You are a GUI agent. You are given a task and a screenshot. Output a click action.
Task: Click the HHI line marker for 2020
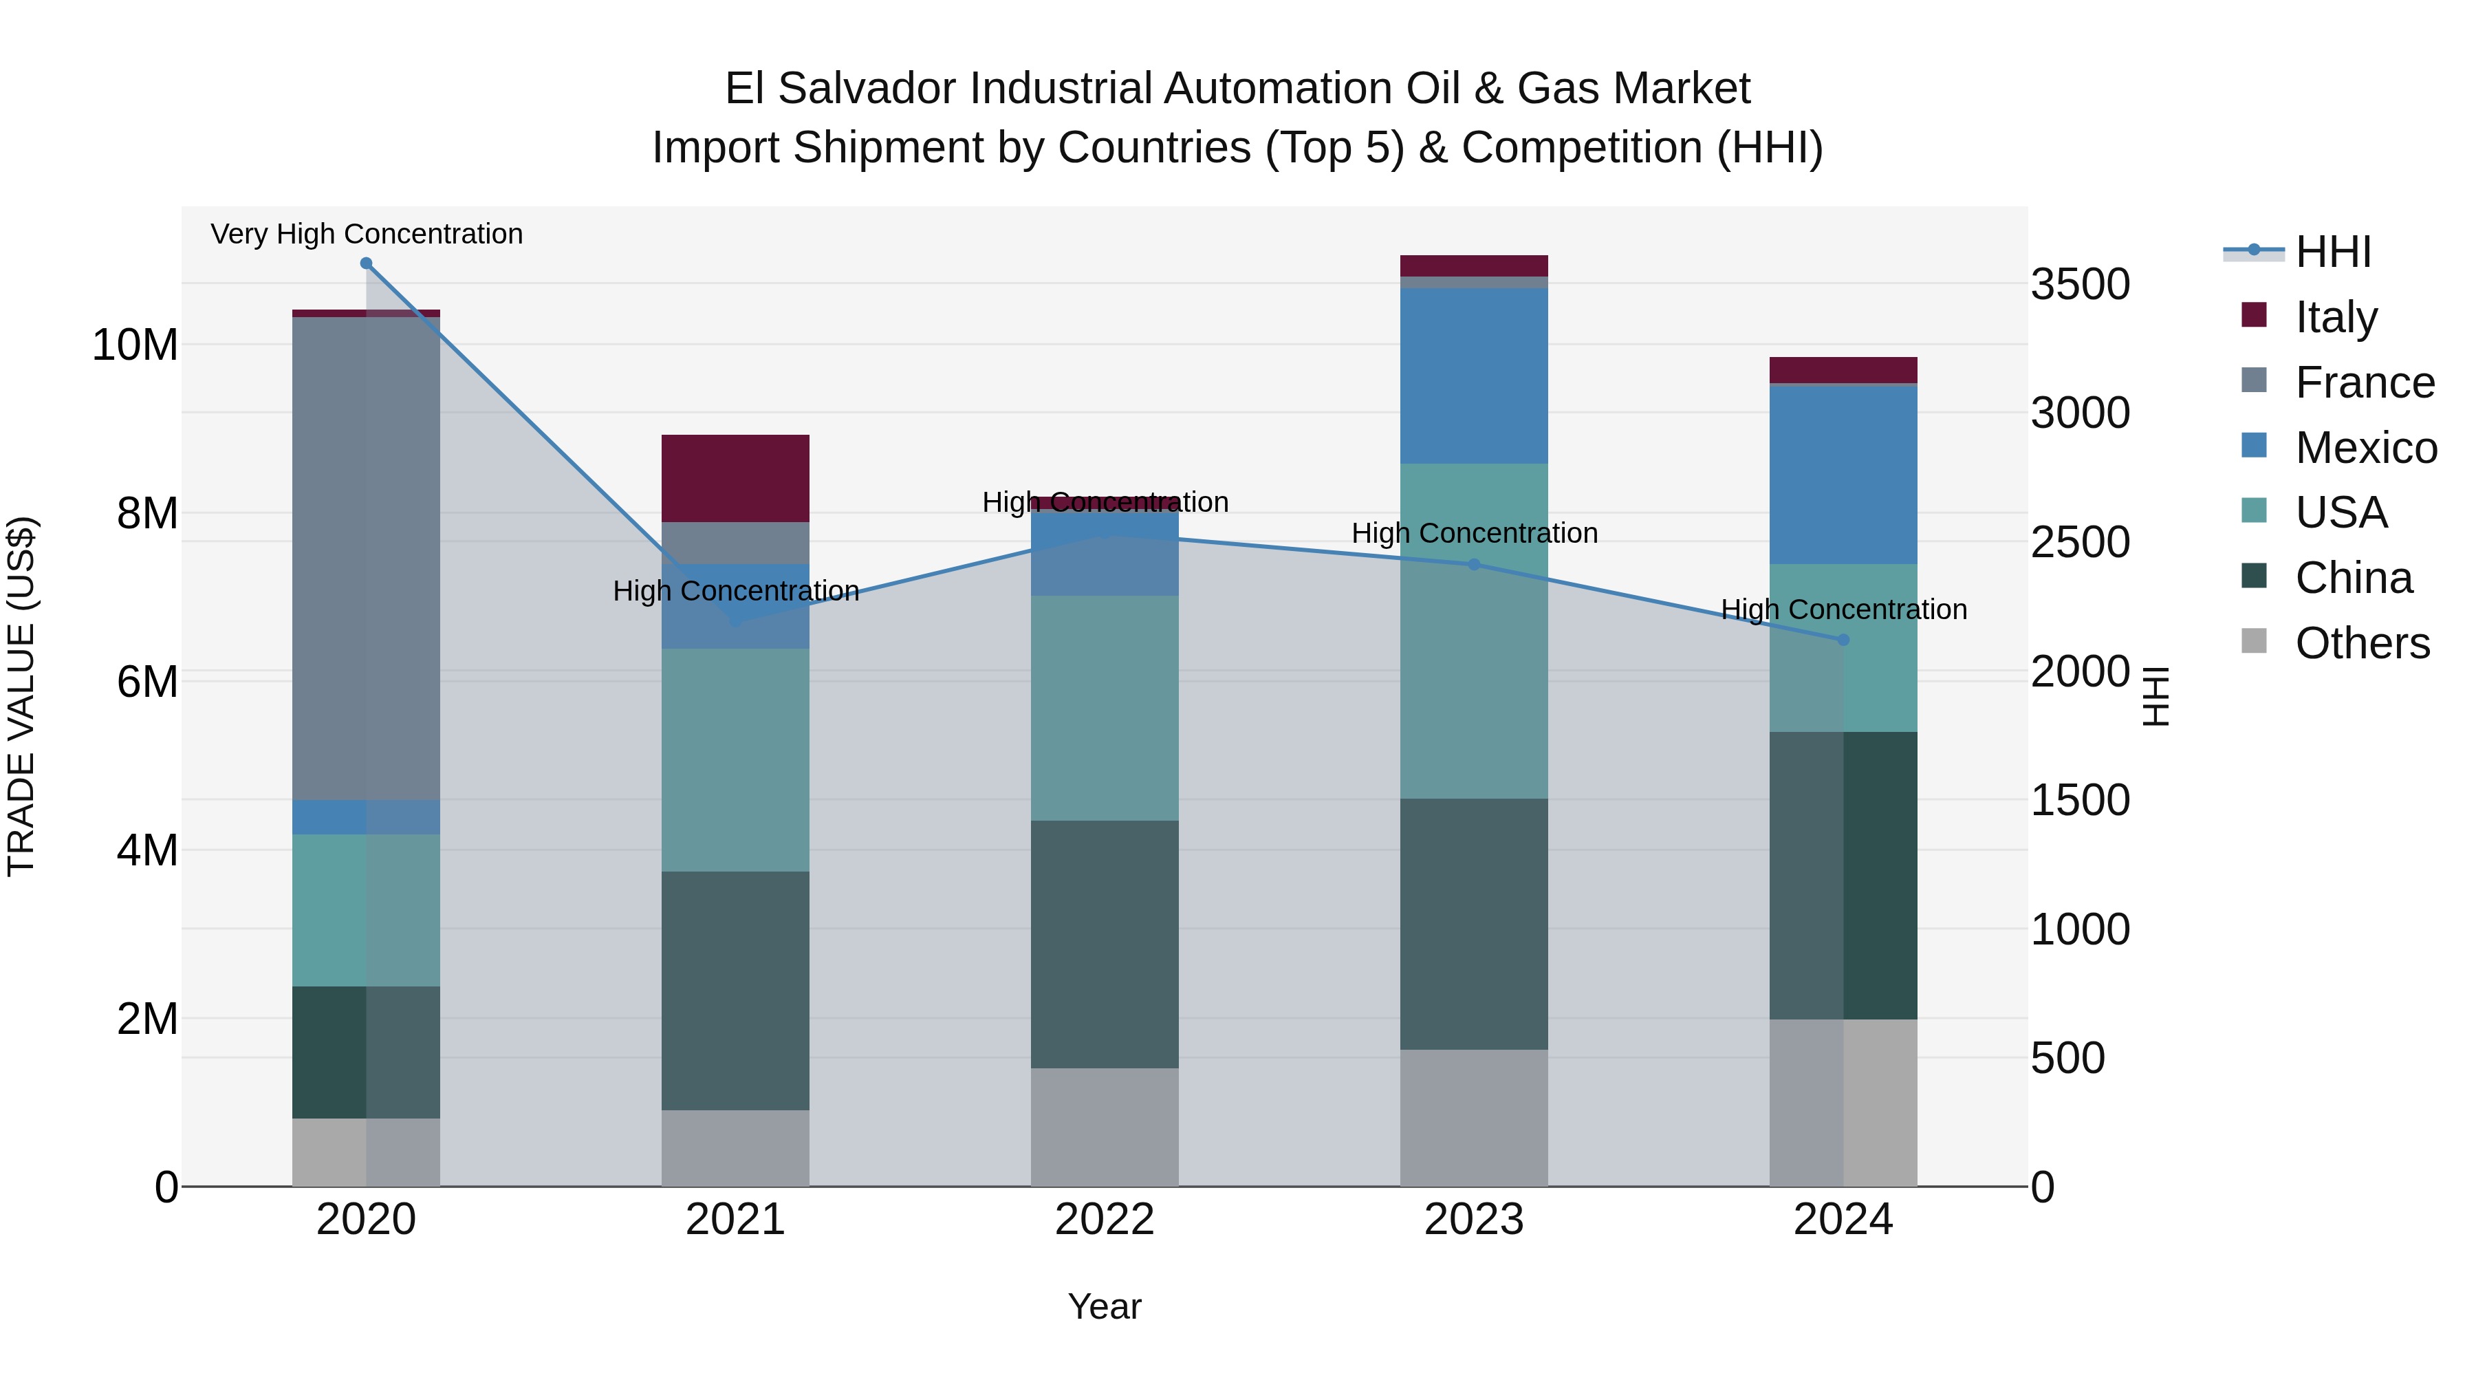(x=365, y=263)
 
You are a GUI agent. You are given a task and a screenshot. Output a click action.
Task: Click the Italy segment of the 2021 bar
(x=735, y=479)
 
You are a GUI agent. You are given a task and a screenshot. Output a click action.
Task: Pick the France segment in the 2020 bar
(x=366, y=558)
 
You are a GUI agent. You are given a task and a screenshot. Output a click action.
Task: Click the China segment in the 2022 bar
(x=1105, y=944)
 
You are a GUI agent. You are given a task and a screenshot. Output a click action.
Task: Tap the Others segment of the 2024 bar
(x=1843, y=1103)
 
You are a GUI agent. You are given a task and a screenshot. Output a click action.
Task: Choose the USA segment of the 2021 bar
(x=735, y=759)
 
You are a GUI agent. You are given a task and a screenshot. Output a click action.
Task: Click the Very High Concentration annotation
(x=366, y=234)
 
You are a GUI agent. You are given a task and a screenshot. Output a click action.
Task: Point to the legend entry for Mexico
(x=2365, y=448)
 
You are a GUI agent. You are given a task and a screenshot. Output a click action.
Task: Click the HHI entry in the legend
(x=2333, y=252)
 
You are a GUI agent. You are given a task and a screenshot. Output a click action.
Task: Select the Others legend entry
(x=2362, y=643)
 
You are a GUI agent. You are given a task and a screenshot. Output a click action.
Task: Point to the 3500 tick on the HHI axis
(x=2080, y=285)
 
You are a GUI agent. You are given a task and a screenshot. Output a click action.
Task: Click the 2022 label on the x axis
(x=1105, y=1220)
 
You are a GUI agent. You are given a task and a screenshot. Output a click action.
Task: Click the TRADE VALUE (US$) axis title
(x=21, y=696)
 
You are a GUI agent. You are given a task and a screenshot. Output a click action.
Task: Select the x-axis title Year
(x=1105, y=1306)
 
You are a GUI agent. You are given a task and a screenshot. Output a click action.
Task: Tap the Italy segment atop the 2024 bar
(x=1843, y=370)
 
